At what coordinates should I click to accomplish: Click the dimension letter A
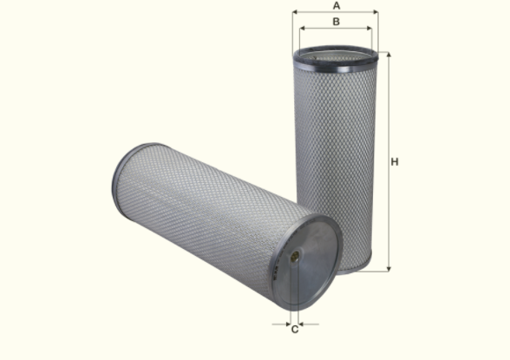point(336,6)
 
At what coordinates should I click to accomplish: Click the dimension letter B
point(336,22)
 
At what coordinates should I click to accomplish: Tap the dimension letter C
point(295,329)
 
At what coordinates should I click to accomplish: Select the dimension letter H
point(395,162)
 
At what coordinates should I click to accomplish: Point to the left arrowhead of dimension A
point(295,13)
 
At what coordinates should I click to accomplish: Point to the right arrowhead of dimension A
point(376,13)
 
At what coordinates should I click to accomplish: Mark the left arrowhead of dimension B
point(302,29)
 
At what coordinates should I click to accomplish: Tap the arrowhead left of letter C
point(285,324)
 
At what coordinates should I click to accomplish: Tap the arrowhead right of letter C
point(304,324)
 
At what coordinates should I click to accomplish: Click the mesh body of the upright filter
point(335,156)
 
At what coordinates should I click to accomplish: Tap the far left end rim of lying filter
point(118,178)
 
